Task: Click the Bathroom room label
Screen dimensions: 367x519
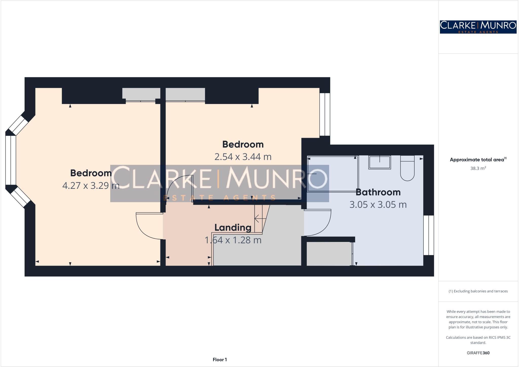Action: point(378,192)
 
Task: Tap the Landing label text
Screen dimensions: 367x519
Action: point(233,227)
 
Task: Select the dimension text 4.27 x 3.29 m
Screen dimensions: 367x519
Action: point(91,186)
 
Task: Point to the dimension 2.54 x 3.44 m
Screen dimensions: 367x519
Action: point(243,157)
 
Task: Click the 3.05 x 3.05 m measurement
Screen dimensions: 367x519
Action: point(378,205)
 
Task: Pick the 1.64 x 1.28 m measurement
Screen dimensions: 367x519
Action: point(233,240)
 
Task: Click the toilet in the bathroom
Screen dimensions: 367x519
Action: point(407,169)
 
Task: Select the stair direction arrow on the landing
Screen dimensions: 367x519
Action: point(260,218)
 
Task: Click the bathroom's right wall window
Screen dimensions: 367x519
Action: point(429,235)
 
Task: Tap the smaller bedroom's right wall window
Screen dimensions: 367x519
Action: point(325,114)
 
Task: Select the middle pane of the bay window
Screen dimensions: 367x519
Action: point(11,160)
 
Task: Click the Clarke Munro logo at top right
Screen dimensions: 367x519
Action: point(478,27)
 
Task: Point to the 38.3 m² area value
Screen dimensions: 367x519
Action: point(478,168)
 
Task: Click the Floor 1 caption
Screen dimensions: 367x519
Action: point(220,360)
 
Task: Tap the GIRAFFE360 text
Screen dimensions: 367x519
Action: point(478,353)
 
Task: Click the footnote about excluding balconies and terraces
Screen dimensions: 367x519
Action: point(478,291)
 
